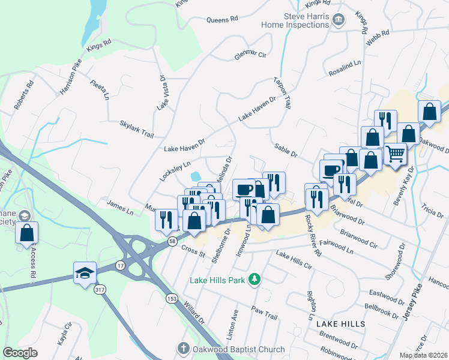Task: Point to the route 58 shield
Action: click(x=172, y=241)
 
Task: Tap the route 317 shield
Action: click(x=100, y=289)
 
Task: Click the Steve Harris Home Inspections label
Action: click(x=295, y=20)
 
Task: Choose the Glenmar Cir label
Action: click(x=250, y=56)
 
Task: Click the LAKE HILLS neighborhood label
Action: click(x=341, y=323)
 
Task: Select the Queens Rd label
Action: click(x=222, y=19)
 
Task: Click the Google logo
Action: click(x=20, y=353)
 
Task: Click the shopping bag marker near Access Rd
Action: click(x=27, y=233)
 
